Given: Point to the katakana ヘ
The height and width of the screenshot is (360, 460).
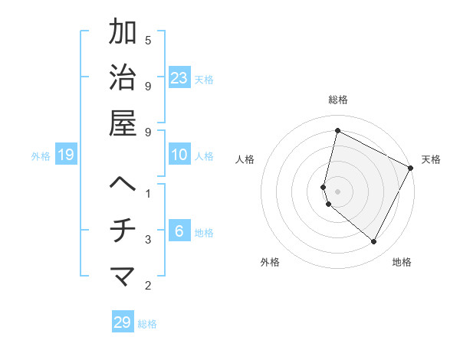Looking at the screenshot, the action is click(123, 185).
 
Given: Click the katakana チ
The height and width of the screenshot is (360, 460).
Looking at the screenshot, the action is click(123, 231).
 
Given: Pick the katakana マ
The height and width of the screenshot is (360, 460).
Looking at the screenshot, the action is click(123, 277).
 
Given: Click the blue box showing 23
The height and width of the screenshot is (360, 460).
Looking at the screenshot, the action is click(179, 77).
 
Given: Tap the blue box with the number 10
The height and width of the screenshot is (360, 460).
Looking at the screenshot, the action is click(179, 155).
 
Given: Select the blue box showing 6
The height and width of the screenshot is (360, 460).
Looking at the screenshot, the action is click(179, 231).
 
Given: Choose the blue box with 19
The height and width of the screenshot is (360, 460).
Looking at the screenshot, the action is click(66, 155).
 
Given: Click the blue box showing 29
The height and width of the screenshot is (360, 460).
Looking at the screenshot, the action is click(123, 322).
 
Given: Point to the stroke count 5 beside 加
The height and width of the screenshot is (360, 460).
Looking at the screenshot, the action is click(148, 40).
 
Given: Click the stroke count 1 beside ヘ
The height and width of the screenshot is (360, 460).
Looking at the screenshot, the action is click(148, 193).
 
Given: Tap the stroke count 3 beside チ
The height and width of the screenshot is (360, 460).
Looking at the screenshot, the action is click(148, 240).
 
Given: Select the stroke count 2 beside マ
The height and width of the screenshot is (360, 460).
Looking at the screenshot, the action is click(148, 286).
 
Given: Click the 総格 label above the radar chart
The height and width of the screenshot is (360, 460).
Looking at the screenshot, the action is click(338, 100).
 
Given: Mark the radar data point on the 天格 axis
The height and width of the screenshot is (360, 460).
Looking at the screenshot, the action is click(411, 169).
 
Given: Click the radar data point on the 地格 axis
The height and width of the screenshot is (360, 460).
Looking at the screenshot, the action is click(374, 242).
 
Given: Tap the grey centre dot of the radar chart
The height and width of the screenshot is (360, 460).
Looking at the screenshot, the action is click(338, 190).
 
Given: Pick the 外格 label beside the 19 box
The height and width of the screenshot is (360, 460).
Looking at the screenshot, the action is click(41, 156).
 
